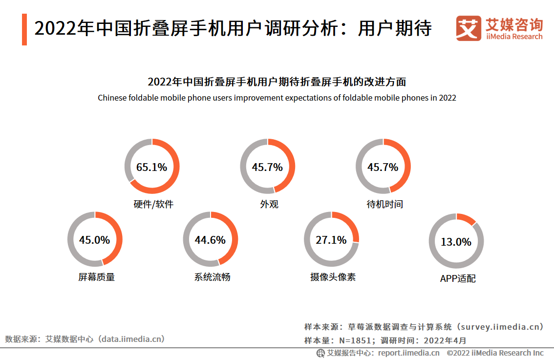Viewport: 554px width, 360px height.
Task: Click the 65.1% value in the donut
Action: point(151,167)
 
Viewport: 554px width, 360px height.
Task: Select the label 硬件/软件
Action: point(153,204)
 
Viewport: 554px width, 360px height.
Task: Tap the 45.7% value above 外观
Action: point(267,167)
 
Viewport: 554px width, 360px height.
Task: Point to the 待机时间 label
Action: point(384,204)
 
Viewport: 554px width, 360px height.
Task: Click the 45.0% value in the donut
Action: point(94,240)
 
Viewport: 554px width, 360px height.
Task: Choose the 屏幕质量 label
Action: point(96,277)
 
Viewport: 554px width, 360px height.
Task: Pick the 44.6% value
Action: point(210,240)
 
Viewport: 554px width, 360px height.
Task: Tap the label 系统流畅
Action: point(212,277)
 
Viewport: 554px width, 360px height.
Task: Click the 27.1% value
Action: point(331,240)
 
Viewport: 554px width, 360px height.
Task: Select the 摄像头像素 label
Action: point(333,277)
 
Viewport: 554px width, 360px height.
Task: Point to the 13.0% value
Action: point(456,242)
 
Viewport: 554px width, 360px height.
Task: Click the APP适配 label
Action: point(458,278)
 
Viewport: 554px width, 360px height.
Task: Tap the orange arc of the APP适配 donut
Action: point(467,218)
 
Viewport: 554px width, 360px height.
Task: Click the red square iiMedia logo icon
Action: point(469,28)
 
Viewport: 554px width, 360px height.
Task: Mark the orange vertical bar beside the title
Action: point(24,30)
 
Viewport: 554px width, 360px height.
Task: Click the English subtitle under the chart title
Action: point(277,98)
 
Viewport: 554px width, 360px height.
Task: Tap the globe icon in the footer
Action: point(320,353)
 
